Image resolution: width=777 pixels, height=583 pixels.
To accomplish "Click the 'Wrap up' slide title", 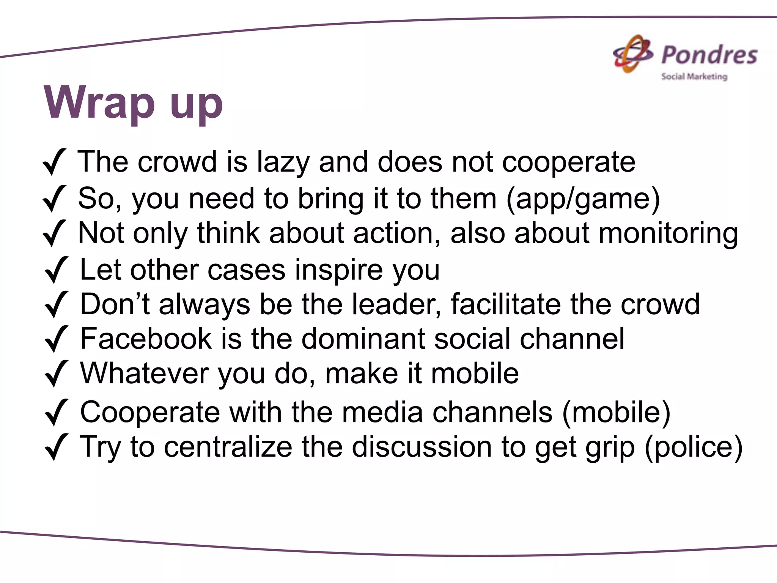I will [133, 103].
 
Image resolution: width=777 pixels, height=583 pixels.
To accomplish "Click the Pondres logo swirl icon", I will [632, 54].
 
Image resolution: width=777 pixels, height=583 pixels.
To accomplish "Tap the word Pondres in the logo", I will [709, 55].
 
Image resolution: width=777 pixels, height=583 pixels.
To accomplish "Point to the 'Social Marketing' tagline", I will [694, 77].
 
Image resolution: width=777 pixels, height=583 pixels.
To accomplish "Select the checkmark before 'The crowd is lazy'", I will [55, 162].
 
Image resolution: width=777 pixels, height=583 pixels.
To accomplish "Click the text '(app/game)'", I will [583, 199].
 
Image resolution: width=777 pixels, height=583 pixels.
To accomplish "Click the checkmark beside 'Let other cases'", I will [56, 270].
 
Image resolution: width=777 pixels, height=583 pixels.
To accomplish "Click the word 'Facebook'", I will [146, 339].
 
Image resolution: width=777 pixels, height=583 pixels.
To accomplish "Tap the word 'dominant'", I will [363, 339].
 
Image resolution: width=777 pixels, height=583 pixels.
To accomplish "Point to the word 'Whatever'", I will [144, 373].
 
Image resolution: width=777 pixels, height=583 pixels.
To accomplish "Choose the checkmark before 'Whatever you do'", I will [56, 373].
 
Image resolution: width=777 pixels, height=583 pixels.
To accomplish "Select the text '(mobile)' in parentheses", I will [616, 412].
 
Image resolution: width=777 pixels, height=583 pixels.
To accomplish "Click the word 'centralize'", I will [228, 447].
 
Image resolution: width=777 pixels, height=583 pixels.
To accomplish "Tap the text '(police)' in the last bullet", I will [693, 447].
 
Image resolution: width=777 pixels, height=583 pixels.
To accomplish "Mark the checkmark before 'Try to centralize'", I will [56, 447].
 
